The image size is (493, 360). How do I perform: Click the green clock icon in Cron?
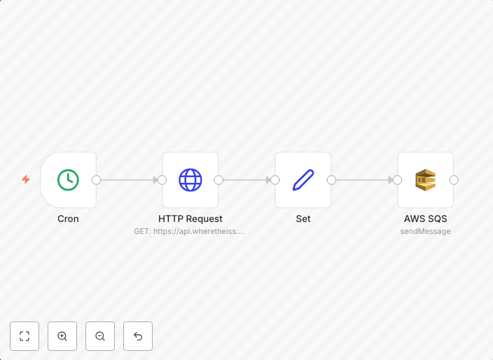68,180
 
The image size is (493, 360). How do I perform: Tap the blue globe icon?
190,180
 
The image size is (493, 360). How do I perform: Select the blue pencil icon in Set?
303,180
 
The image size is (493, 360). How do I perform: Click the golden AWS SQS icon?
425,180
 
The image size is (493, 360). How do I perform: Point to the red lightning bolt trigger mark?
26,179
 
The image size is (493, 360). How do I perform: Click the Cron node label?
68,219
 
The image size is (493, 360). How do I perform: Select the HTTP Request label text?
190,219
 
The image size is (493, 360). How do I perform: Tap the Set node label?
303,219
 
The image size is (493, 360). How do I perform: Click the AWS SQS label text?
425,219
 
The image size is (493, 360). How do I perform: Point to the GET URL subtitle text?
189,231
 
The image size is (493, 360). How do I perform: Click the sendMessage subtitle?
425,231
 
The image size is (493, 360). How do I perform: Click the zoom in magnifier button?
62,336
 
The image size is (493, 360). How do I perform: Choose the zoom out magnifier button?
100,336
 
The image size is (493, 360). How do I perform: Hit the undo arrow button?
138,336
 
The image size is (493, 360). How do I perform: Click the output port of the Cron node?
97,180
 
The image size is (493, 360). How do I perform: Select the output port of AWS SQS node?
454,180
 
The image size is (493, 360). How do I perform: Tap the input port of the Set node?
275,180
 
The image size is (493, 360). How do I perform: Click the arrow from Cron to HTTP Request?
130,180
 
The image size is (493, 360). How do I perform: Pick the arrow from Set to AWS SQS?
364,180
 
